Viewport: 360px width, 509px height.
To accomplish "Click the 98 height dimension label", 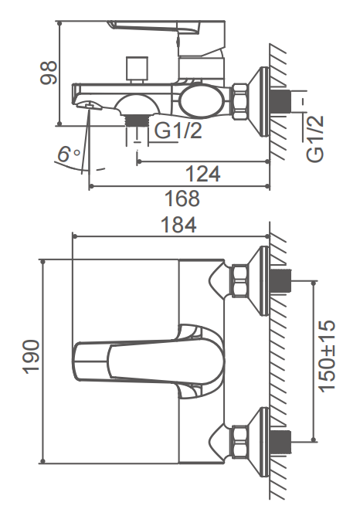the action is pos(49,73).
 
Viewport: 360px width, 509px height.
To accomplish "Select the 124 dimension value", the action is pos(203,174).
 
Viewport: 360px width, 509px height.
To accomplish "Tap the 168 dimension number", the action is pos(182,199).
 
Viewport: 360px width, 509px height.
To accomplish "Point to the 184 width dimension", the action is pos(178,225).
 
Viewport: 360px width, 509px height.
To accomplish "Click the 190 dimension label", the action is pos(32,357).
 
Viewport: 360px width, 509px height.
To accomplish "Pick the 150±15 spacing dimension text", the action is pos(327,356).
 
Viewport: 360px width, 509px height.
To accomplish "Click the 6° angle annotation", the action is pos(69,154).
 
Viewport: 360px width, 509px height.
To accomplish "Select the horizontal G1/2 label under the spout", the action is pos(178,131).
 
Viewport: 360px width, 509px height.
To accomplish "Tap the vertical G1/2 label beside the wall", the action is pos(315,138).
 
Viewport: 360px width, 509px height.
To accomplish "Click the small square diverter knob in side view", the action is pos(137,70).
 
